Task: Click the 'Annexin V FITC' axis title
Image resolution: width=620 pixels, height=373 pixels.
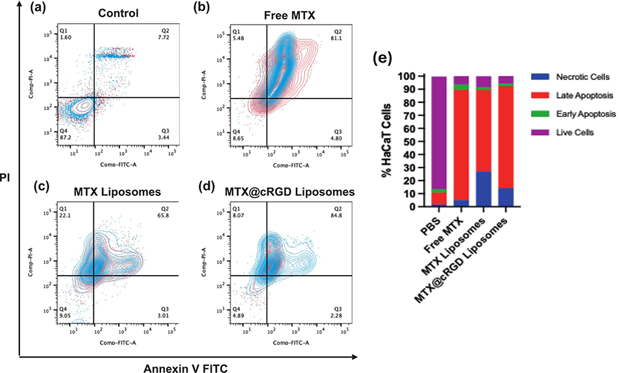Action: tap(188, 367)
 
